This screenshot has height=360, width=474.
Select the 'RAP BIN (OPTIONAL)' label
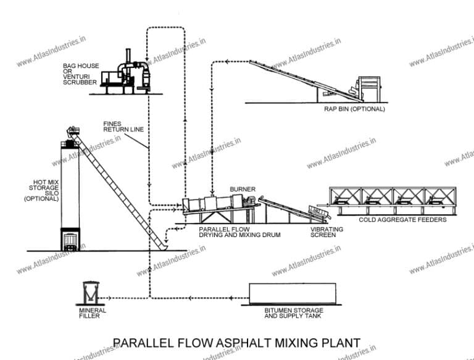(354, 109)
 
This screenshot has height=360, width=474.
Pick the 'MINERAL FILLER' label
(93, 314)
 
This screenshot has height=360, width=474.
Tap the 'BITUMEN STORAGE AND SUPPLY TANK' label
(293, 314)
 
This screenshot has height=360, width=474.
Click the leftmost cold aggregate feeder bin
(346, 196)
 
